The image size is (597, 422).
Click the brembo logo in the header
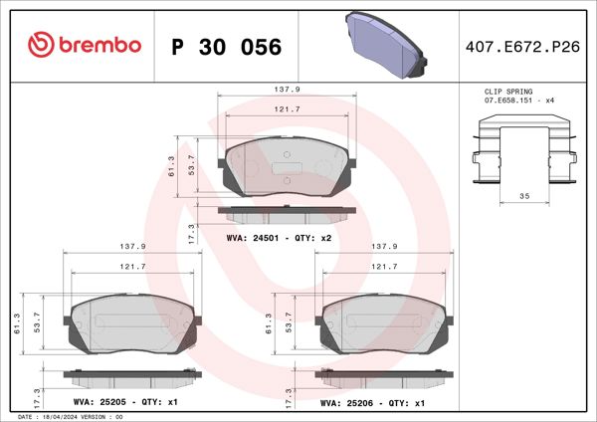coord(85,46)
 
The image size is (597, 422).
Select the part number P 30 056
coord(227,47)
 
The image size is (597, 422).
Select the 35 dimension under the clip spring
coord(523,197)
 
